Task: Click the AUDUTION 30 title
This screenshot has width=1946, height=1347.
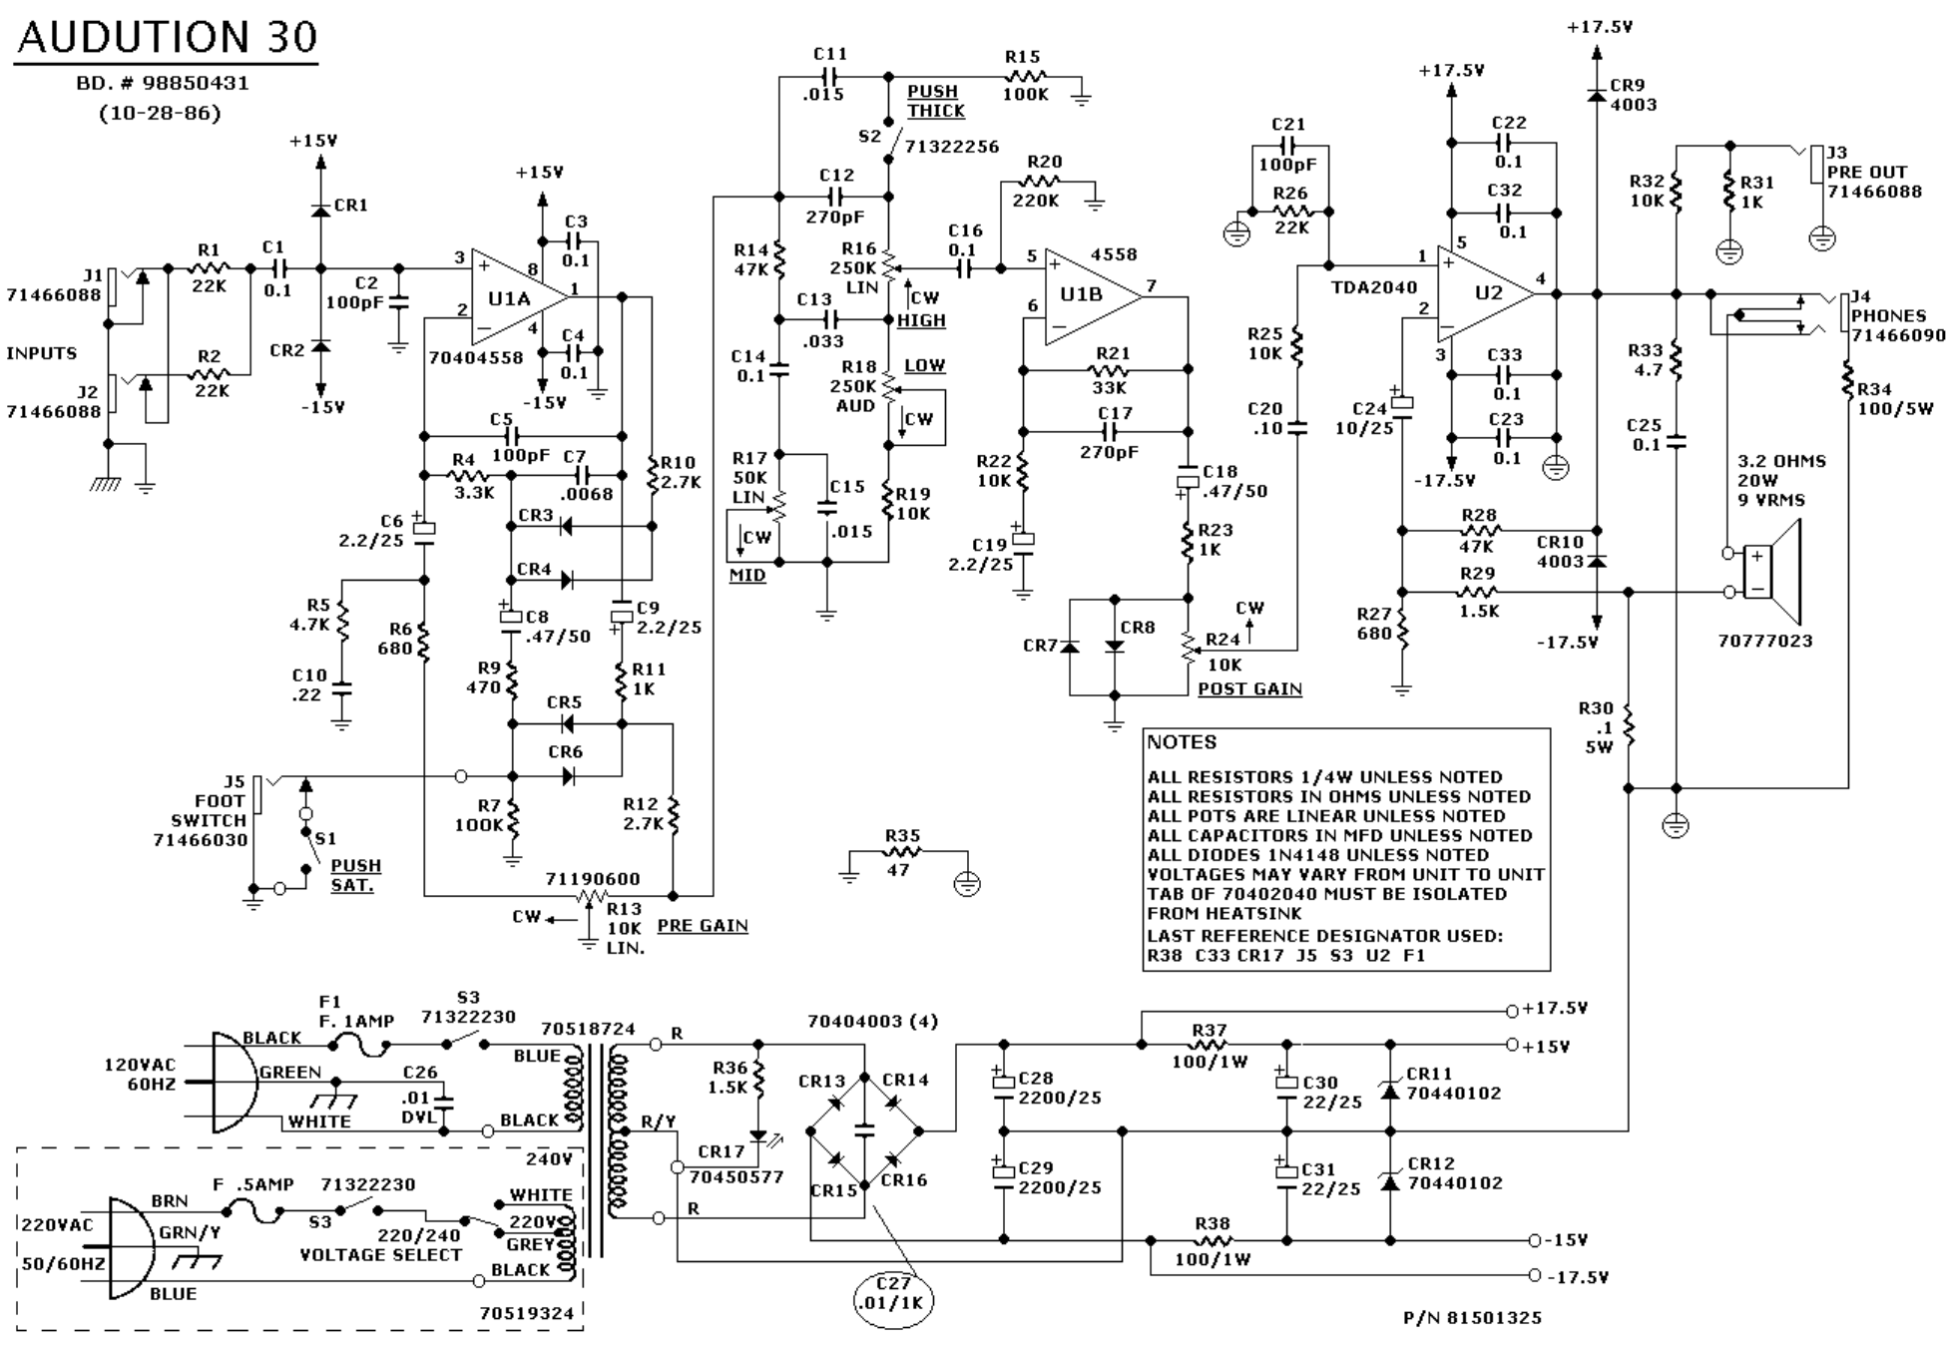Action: (168, 38)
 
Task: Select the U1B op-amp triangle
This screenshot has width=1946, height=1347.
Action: (1088, 296)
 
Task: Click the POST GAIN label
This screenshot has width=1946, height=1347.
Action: (1249, 688)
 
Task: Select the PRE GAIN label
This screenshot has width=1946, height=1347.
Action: (702, 925)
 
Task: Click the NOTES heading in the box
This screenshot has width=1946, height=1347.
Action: (1182, 742)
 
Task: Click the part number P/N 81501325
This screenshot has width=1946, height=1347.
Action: (1472, 1318)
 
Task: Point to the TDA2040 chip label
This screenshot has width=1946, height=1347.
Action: (1373, 287)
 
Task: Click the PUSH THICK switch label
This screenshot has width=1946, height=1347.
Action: (935, 101)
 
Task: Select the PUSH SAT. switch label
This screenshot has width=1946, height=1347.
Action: (355, 875)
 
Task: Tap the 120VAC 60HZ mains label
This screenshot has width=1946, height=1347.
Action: (140, 1075)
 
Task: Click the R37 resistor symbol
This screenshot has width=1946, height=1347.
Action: (1209, 1045)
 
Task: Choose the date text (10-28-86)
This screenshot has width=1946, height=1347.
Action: (160, 113)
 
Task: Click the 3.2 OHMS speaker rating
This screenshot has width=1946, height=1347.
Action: (1781, 461)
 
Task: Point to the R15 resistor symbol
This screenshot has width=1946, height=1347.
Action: (1025, 75)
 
